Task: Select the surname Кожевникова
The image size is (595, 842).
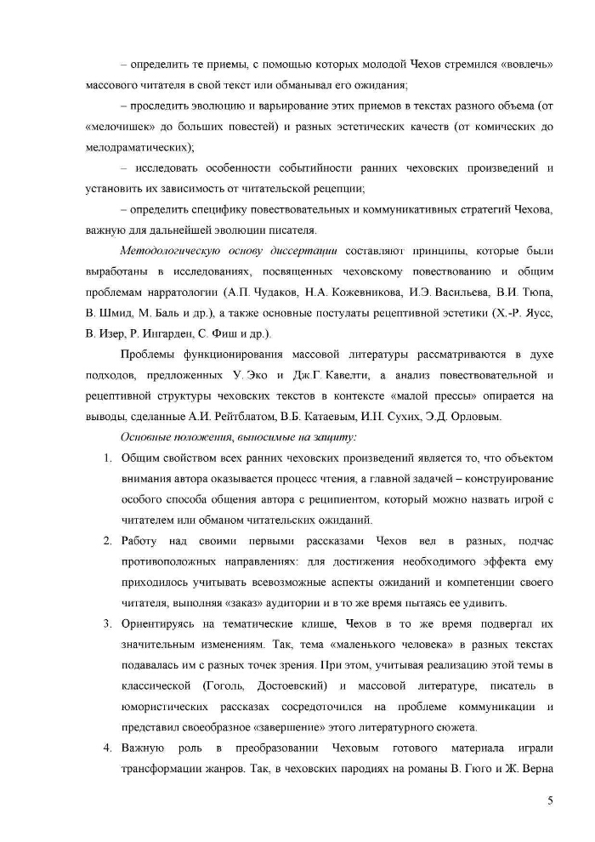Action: (351, 292)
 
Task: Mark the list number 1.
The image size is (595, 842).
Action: (108, 458)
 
